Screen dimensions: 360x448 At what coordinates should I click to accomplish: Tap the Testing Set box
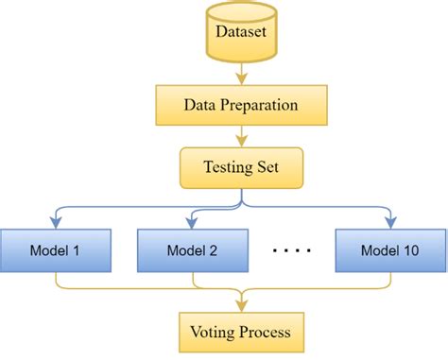(243, 169)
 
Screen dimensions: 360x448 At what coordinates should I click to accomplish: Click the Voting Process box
(243, 333)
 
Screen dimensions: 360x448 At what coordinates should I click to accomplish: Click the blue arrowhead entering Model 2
(193, 223)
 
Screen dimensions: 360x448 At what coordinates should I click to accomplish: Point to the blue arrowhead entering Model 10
(388, 223)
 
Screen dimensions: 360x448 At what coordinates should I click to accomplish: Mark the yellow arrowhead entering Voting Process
(243, 305)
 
